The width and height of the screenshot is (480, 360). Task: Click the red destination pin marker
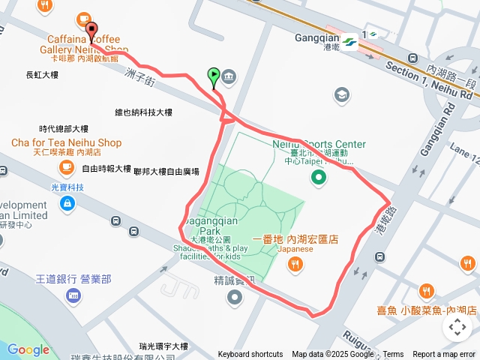click(x=92, y=31)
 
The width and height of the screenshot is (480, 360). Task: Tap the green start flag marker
click(x=214, y=76)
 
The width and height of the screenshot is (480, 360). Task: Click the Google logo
click(x=28, y=349)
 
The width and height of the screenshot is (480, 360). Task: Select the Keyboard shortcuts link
click(x=250, y=355)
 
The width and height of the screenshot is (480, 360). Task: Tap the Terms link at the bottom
click(x=393, y=355)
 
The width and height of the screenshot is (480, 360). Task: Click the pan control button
click(x=457, y=326)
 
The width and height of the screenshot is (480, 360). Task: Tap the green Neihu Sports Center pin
click(x=319, y=177)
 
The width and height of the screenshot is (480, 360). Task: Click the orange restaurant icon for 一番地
click(x=295, y=263)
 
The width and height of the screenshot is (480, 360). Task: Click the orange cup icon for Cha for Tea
click(x=67, y=166)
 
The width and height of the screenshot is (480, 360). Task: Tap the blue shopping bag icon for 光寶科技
click(x=67, y=202)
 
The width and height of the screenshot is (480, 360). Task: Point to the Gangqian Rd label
click(x=439, y=128)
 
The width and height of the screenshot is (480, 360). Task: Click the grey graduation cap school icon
click(x=342, y=94)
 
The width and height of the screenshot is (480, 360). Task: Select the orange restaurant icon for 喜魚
click(x=427, y=290)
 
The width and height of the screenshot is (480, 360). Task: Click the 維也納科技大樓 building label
click(x=143, y=112)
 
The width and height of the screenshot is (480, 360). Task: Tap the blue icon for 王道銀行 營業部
click(x=73, y=295)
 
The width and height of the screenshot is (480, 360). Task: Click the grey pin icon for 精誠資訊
click(x=235, y=297)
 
